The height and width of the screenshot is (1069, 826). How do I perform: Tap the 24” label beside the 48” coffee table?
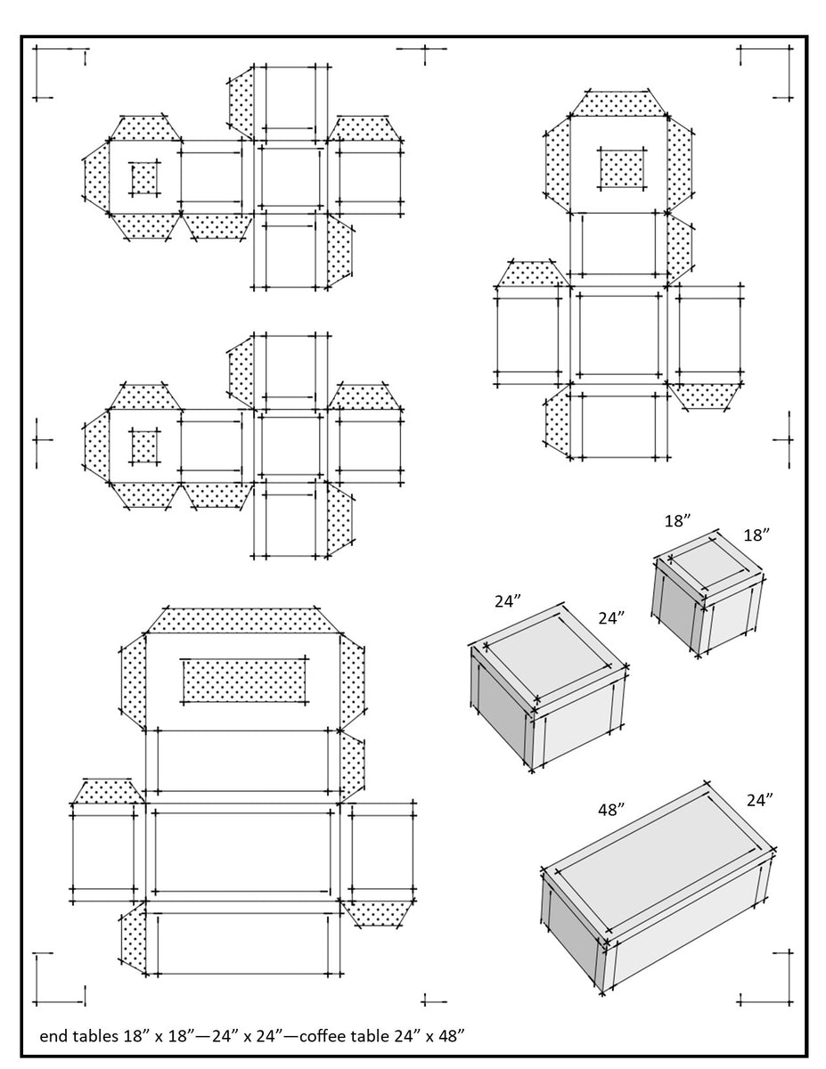point(758,800)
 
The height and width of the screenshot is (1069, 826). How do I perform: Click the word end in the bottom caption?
point(52,1036)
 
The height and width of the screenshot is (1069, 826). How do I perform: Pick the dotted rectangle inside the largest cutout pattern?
point(241,681)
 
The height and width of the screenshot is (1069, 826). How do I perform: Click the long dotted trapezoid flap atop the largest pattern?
point(241,620)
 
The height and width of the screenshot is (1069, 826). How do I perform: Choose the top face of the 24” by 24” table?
point(548,655)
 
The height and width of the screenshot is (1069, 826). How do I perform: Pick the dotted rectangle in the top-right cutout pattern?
point(621,167)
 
